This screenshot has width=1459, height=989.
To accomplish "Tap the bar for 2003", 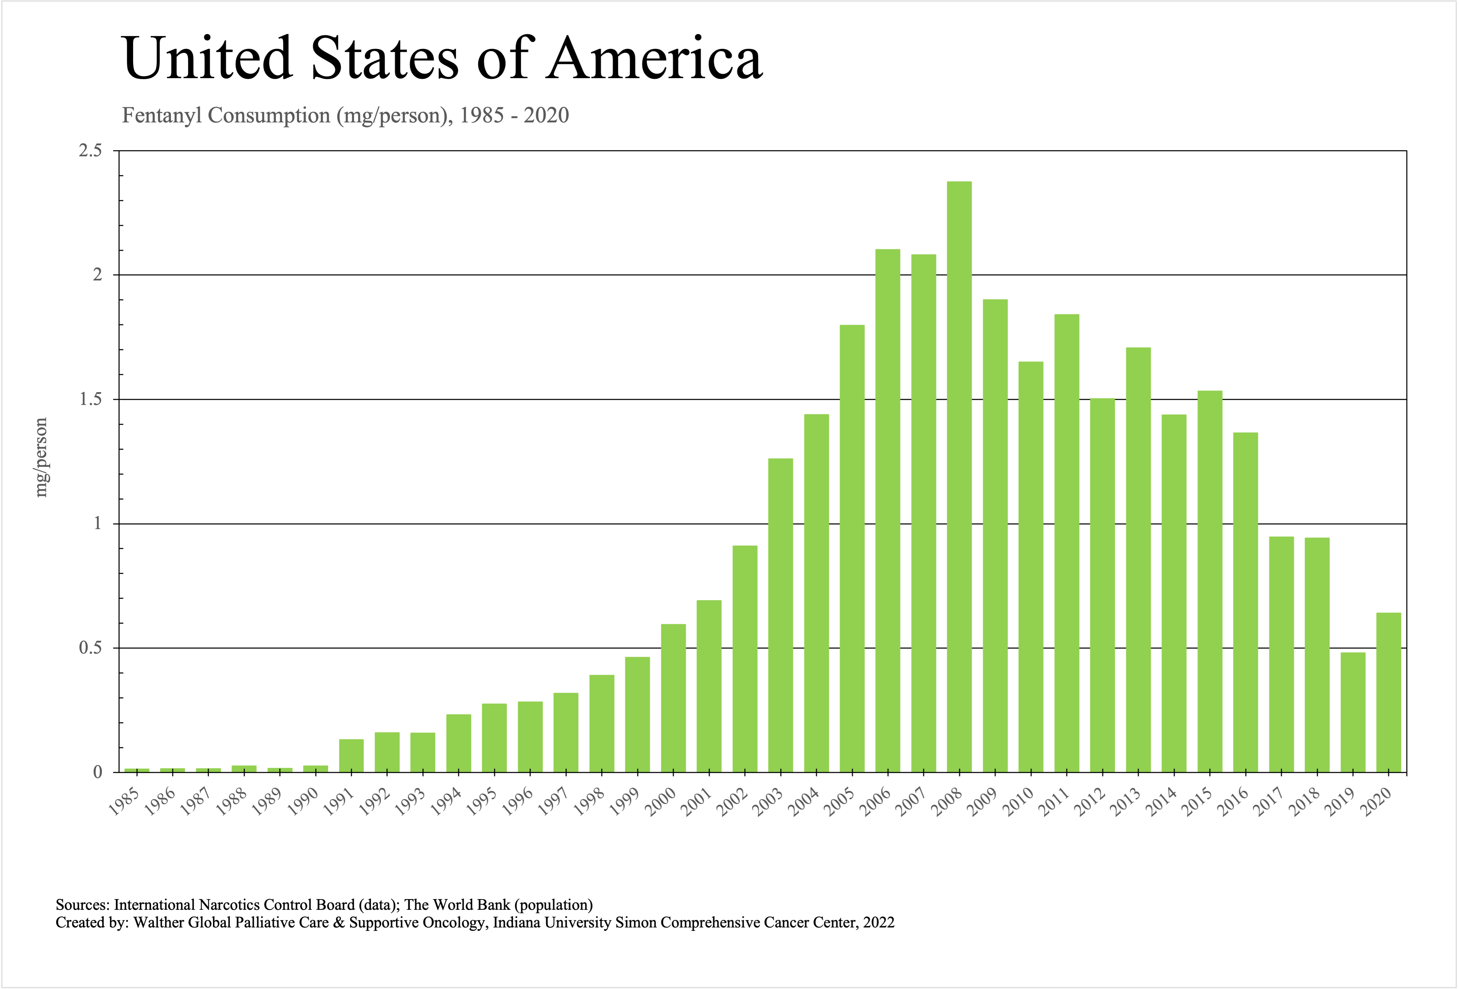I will pyautogui.click(x=780, y=616).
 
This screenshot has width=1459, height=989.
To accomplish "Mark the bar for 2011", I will pyautogui.click(x=1067, y=543).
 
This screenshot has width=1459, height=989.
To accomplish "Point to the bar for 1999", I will pyautogui.click(x=637, y=714).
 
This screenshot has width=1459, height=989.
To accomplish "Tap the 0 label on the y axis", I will pyautogui.click(x=97, y=773).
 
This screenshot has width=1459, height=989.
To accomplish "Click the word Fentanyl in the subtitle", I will pyautogui.click(x=162, y=115).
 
